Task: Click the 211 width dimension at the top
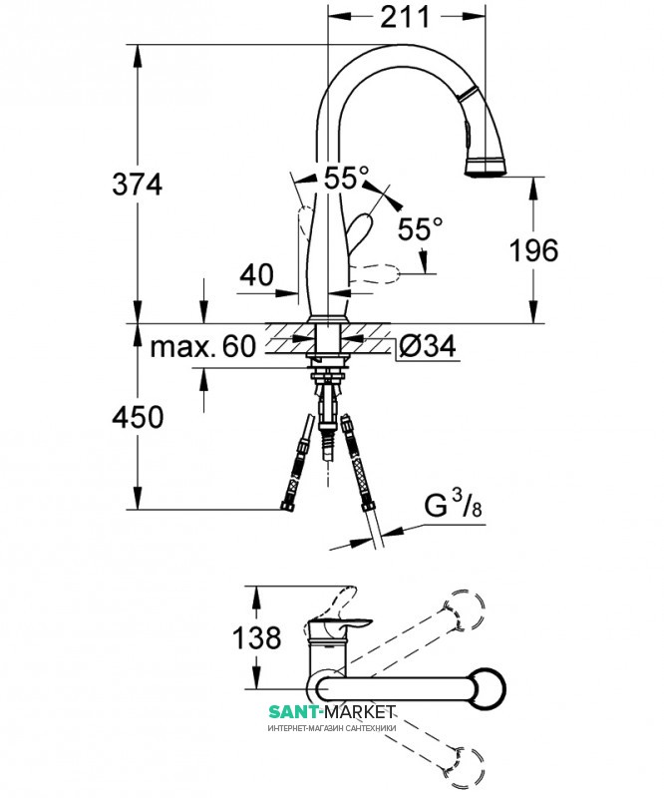(405, 17)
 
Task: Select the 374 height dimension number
(138, 184)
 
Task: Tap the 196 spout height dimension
(533, 250)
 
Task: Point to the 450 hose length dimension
(138, 417)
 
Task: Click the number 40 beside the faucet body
(256, 275)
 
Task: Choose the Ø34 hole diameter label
(428, 346)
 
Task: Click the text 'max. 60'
(202, 347)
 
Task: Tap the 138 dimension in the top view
(257, 637)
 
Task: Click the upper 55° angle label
(346, 179)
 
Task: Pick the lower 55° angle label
(421, 228)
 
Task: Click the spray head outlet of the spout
(487, 169)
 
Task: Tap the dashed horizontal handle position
(378, 274)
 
